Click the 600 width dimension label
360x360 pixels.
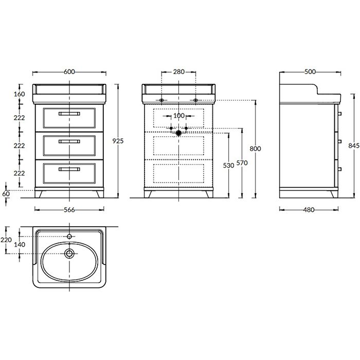tap(69, 72)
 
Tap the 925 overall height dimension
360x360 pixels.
tap(118, 141)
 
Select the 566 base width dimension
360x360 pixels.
tap(69, 210)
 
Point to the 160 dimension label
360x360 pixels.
tap(20, 94)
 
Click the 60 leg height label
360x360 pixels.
tap(6, 194)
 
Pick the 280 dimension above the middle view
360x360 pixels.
tap(178, 72)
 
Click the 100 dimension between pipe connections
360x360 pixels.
tap(178, 116)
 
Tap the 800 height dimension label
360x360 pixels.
tap(255, 149)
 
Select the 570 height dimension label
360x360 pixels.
tap(242, 163)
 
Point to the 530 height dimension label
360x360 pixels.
tap(228, 165)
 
